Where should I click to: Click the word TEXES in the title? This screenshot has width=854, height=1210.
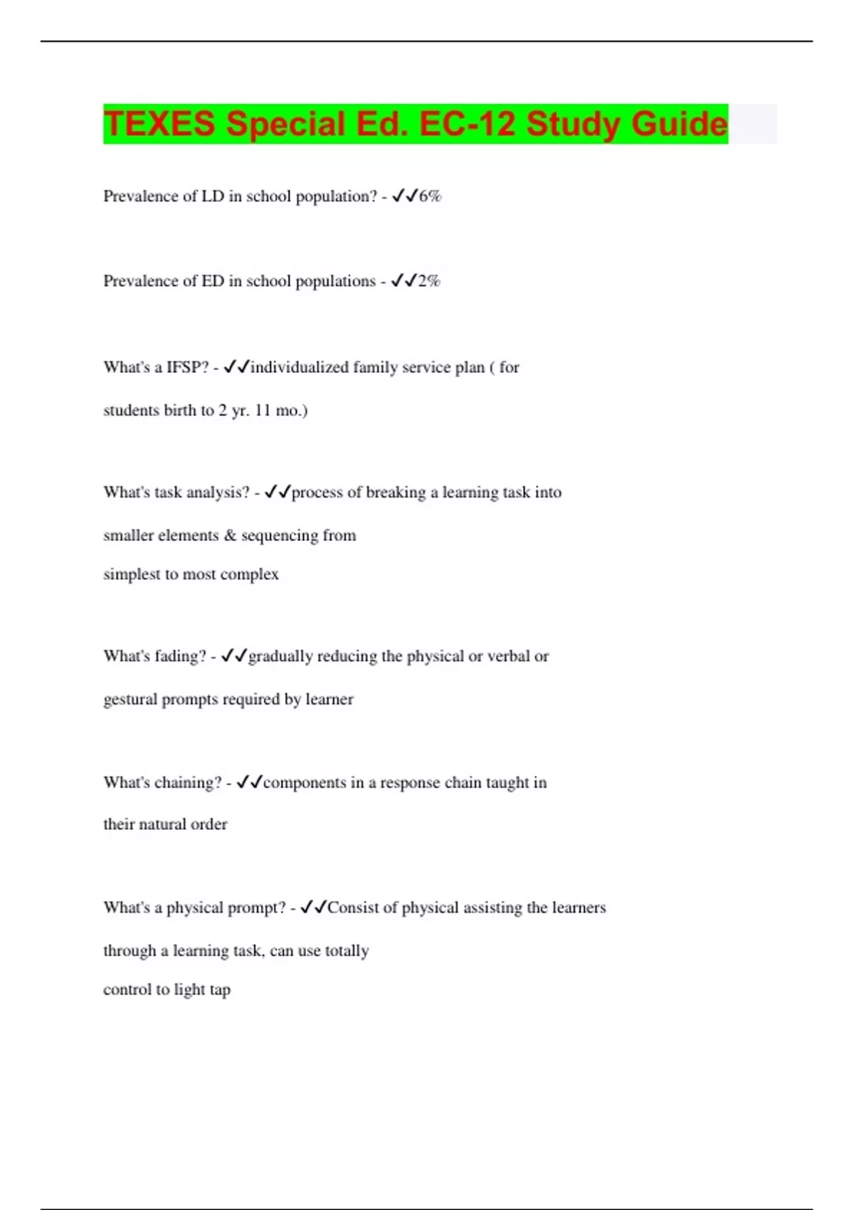pos(159,124)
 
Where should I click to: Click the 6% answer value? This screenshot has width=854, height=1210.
pos(430,196)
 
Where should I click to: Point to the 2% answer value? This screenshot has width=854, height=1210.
pos(429,281)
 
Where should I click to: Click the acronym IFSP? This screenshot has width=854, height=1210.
pos(188,367)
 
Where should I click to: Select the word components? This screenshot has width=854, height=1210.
pos(304,783)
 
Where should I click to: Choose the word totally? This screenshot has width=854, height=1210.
pos(347,951)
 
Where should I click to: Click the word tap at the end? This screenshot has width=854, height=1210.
pos(220,990)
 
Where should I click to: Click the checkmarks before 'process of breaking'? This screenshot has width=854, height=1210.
pos(278,492)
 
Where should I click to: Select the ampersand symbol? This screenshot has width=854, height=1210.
pos(229,535)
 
